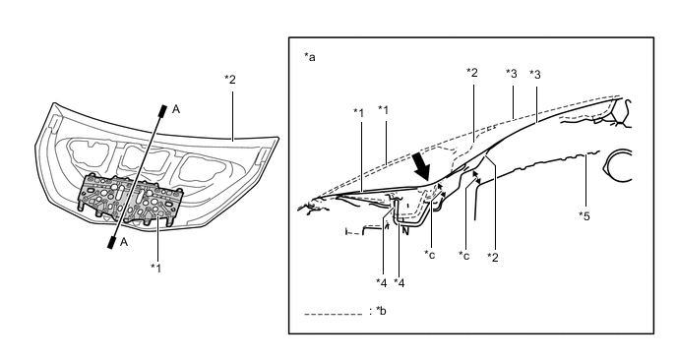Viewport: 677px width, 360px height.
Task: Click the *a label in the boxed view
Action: [x=310, y=56]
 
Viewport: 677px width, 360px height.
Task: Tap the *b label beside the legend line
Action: [x=381, y=311]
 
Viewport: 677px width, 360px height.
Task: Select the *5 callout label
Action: [x=585, y=215]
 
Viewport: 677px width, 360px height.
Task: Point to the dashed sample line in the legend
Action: [x=334, y=314]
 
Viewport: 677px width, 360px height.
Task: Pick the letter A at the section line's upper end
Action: [x=176, y=109]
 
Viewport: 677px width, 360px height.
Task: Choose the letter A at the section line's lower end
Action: [x=124, y=242]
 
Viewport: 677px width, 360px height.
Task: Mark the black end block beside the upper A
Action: [x=162, y=111]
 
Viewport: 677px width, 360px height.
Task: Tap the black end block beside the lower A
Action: [x=111, y=243]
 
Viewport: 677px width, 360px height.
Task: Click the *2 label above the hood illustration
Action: [x=230, y=80]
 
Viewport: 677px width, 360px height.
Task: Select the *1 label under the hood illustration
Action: [x=155, y=269]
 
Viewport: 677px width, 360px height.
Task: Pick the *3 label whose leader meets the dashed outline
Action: [x=512, y=74]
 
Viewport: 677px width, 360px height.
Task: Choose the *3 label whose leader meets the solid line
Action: [x=535, y=75]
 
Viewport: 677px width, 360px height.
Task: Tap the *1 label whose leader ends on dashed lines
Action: [x=384, y=110]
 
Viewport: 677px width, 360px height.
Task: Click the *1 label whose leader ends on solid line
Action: [x=359, y=113]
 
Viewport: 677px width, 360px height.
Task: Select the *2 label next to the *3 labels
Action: [x=472, y=72]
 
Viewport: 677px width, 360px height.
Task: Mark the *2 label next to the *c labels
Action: [x=493, y=258]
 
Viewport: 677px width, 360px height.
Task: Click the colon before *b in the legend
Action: [x=370, y=311]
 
